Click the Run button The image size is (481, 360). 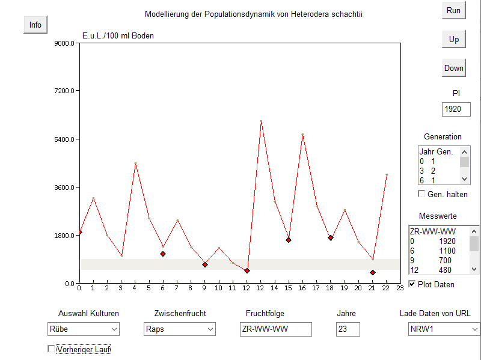tap(454, 10)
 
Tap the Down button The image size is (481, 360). tap(454, 68)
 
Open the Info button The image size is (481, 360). tap(35, 25)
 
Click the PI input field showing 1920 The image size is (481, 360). tap(456, 109)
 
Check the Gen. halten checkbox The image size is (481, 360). tap(422, 194)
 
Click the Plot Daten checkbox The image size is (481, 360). tap(412, 284)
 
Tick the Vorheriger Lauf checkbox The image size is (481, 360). tap(51, 349)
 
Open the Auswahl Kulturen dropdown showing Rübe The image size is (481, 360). tap(84, 329)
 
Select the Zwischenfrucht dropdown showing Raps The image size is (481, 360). tap(180, 329)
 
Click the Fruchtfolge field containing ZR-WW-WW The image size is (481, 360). tap(275, 329)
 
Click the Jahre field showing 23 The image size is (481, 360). tap(348, 329)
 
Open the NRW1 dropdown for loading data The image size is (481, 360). tap(444, 329)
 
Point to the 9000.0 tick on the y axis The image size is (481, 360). tap(63, 43)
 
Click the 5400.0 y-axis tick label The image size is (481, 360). tap(63, 139)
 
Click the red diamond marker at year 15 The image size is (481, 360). tap(289, 240)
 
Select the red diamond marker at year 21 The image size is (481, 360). tap(373, 272)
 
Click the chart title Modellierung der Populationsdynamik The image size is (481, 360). tap(254, 13)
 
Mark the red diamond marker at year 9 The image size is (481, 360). tap(205, 264)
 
